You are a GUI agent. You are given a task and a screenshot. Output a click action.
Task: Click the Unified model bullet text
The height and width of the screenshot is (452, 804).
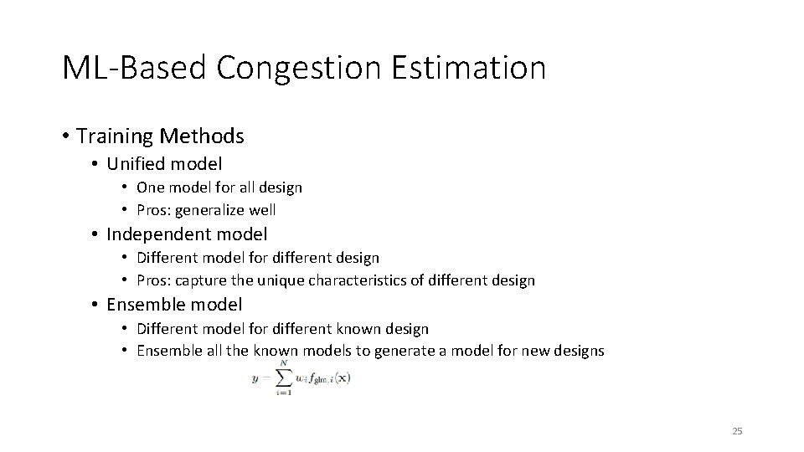click(x=164, y=163)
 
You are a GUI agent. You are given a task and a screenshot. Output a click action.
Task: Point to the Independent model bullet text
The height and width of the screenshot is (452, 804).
click(x=187, y=234)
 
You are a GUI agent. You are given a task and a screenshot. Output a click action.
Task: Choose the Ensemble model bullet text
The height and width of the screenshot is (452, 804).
click(x=174, y=304)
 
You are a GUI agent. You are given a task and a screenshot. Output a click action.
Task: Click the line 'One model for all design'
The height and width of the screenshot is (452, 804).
click(x=219, y=187)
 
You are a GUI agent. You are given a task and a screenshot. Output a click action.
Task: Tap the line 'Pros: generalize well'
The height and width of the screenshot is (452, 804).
click(x=206, y=210)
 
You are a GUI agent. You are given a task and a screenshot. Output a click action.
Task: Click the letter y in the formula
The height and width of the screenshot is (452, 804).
click(x=254, y=378)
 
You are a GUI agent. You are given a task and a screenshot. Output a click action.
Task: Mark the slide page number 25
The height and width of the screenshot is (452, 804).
click(x=737, y=431)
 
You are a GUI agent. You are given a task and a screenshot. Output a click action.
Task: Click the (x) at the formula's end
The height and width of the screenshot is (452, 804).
click(x=341, y=378)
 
